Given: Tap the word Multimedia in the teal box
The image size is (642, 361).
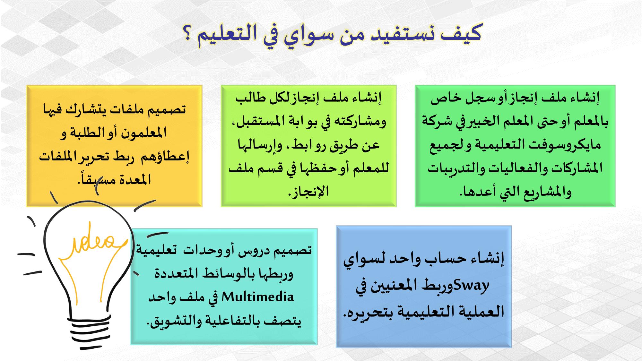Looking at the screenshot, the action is pyautogui.click(x=258, y=297).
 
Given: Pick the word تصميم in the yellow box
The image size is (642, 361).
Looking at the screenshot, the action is pyautogui.click(x=165, y=110).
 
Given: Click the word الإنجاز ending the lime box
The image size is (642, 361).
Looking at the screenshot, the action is pyautogui.click(x=308, y=192).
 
